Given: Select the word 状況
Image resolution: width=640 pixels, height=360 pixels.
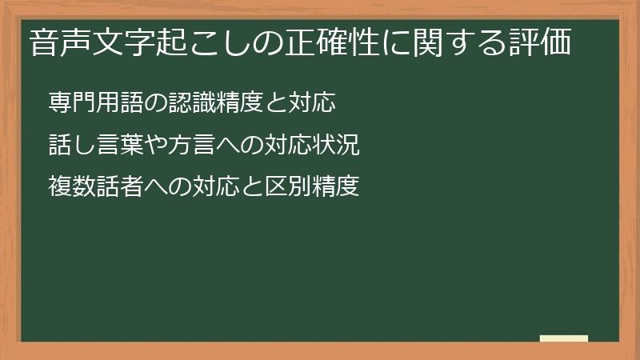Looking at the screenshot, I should click(x=334, y=145).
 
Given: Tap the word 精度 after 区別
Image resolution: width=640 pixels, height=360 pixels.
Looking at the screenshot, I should click(x=334, y=186).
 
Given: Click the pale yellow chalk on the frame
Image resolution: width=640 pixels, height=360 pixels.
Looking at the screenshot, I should click(x=564, y=338).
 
